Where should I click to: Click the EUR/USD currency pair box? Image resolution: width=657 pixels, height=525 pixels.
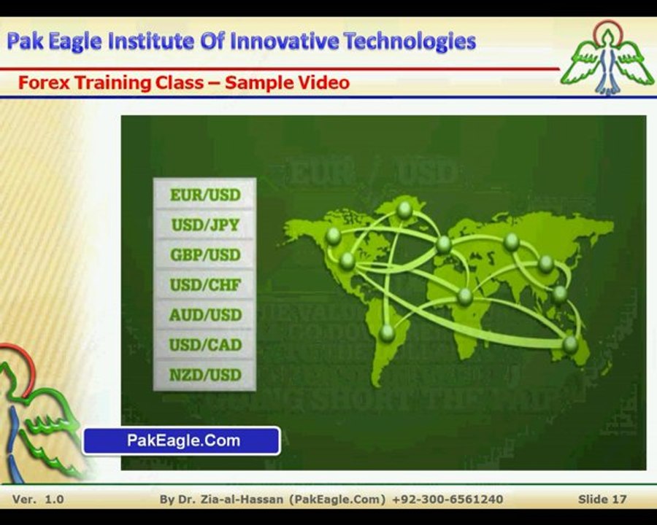204,195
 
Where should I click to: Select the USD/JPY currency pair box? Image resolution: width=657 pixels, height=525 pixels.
204,225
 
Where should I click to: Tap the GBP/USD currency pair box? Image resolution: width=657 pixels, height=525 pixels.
204,254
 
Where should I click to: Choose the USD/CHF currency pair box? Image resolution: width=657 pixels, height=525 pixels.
204,284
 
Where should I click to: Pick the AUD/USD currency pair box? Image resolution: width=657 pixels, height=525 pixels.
204,314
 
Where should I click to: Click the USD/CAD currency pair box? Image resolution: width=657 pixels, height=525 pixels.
204,344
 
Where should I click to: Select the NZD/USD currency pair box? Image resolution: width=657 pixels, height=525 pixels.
204,375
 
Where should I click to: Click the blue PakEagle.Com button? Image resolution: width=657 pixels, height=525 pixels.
182,440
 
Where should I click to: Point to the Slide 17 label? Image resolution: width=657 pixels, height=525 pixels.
602,499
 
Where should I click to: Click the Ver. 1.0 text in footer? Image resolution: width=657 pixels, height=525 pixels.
38,499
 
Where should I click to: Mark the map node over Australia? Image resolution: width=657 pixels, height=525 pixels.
570,343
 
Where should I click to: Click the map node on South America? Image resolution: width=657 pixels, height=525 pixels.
388,332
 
